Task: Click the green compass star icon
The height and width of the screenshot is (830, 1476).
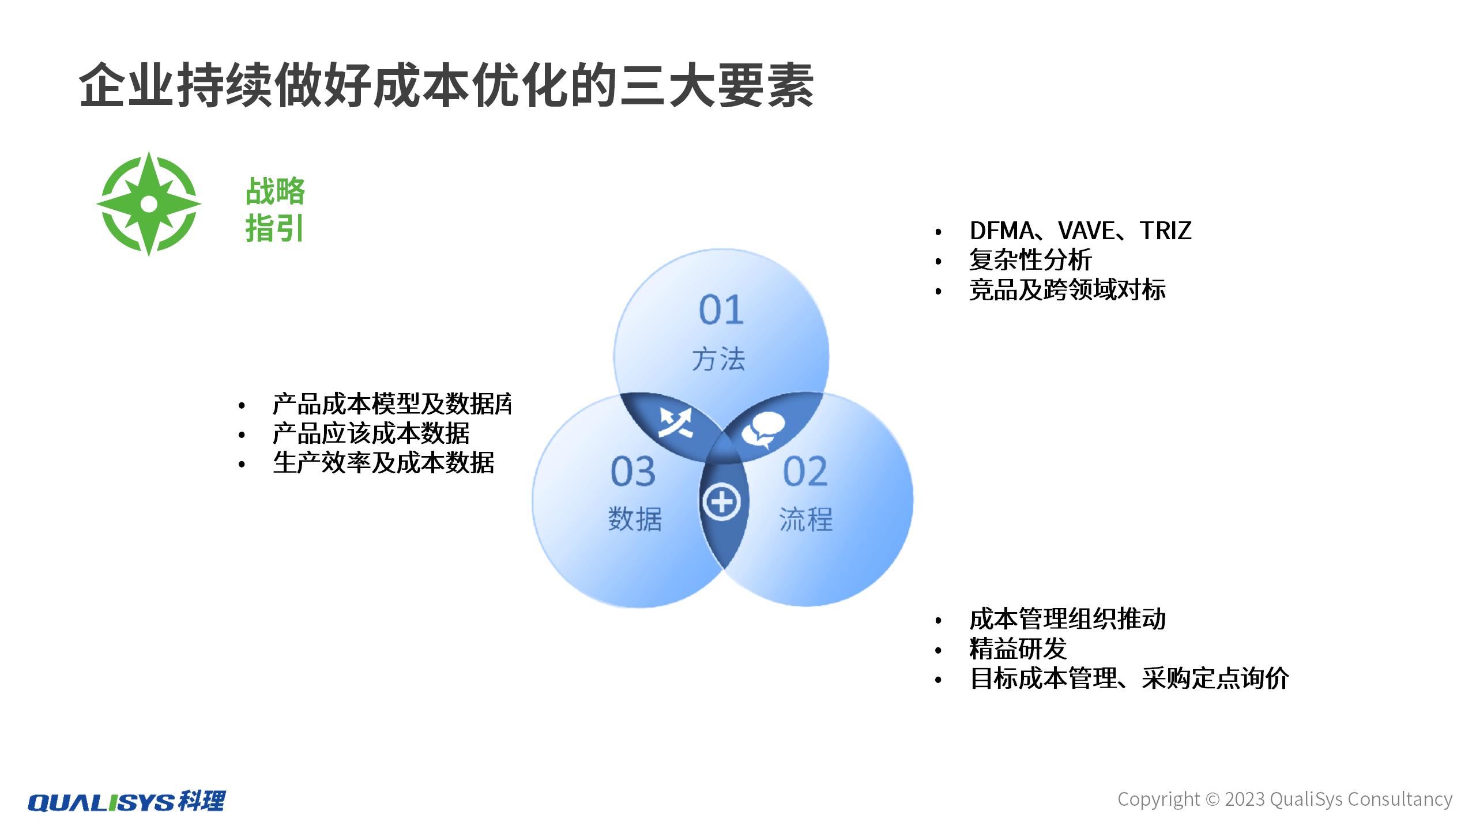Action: coord(149,204)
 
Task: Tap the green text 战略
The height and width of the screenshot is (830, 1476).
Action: coord(275,191)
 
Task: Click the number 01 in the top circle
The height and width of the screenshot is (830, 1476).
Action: coord(721,310)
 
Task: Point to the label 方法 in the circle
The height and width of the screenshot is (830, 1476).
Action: coord(718,359)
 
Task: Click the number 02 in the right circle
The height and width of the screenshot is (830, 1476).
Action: coord(805,471)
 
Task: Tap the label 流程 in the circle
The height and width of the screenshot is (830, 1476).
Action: coord(805,519)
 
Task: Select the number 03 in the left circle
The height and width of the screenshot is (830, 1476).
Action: coord(633,471)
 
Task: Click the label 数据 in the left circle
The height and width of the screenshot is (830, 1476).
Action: coord(635,519)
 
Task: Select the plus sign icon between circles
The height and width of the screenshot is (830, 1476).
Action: coord(721,501)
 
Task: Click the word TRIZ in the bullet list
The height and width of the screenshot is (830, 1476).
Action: coord(1165,231)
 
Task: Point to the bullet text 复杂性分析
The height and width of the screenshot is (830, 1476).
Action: coord(1030,260)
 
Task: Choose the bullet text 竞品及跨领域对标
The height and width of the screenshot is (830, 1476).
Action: coord(1067,289)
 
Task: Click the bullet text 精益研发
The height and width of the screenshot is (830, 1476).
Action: coord(1018,649)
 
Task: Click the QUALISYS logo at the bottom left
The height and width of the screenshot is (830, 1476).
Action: coord(126,801)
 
